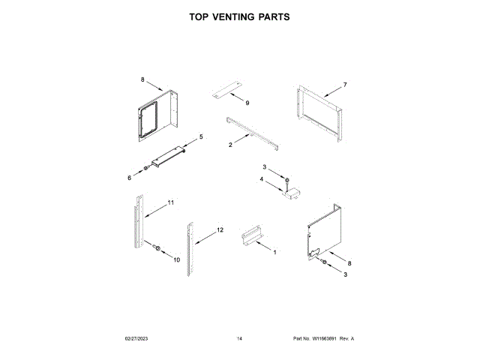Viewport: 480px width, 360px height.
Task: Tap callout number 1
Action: coord(274,253)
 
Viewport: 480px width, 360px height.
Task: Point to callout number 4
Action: coord(262,180)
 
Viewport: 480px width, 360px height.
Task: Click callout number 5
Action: coord(200,136)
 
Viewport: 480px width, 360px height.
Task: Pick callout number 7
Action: coord(345,84)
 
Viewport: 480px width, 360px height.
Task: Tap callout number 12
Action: coord(220,229)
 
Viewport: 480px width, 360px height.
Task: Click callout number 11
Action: coord(171,202)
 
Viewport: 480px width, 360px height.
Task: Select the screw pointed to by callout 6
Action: coord(145,168)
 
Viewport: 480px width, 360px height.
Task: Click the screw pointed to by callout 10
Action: coord(157,247)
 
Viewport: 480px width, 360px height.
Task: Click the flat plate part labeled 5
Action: coord(169,156)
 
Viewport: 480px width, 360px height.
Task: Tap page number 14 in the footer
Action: coord(239,339)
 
